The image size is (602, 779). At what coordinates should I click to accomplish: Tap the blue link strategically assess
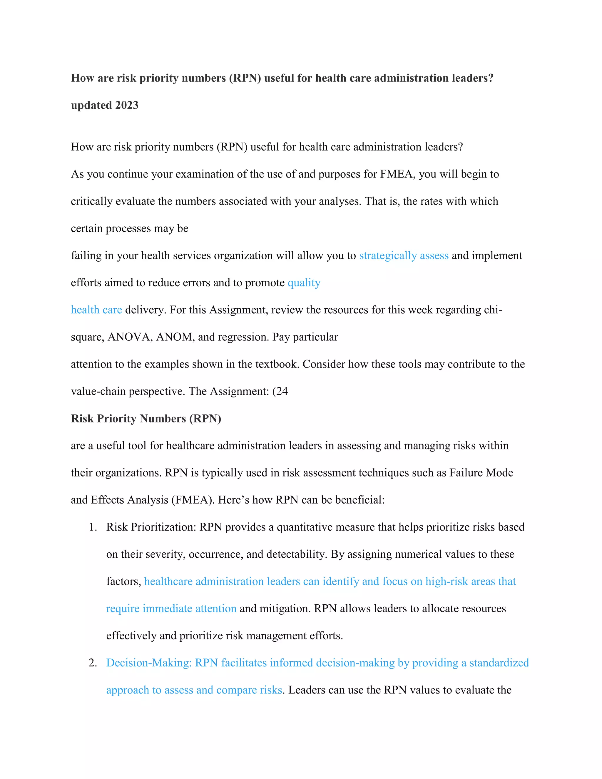coord(404,256)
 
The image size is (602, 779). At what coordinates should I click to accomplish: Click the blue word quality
coord(304,283)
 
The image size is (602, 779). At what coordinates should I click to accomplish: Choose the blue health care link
coord(96,310)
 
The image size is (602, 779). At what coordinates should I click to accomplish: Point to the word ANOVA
coord(130,337)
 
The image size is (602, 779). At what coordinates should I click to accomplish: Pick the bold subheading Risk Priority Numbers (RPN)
coord(146,418)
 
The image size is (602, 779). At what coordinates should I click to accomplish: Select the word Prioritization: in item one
coord(163,527)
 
